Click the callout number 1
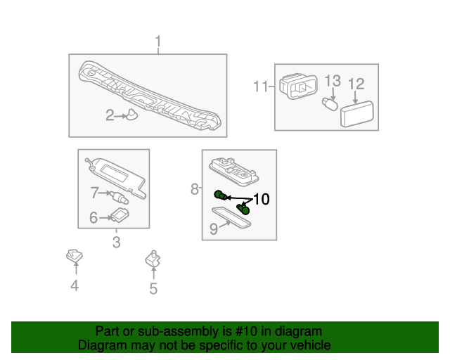coord(158,41)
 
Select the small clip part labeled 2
coord(131,115)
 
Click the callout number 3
coord(116,243)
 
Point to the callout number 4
coord(74,285)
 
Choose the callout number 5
coord(153,288)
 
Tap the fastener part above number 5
coord(152,259)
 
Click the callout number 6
coord(93,218)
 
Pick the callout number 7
coord(94,191)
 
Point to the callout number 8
coord(195,188)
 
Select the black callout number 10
coord(261,199)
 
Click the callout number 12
coord(356,84)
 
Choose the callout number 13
coord(333,80)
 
